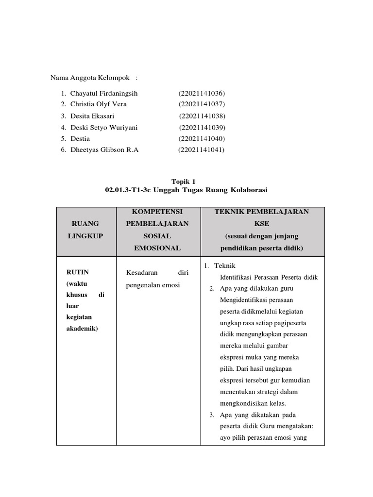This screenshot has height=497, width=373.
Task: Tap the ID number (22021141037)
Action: click(202, 104)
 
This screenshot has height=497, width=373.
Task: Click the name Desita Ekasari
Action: click(92, 116)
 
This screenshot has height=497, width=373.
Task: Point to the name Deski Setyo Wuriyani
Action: click(104, 128)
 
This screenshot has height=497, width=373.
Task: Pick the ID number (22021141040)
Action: click(202, 138)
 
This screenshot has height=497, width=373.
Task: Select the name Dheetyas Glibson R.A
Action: click(104, 150)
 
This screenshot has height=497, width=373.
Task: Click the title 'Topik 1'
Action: click(186, 181)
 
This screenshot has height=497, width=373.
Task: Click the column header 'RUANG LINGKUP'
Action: click(85, 230)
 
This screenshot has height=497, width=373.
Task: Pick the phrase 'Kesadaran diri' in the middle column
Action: click(157, 273)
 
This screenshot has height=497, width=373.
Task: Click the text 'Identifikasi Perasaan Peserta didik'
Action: click(269, 278)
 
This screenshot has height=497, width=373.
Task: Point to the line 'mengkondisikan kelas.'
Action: click(253, 403)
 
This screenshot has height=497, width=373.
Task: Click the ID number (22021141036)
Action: click(202, 93)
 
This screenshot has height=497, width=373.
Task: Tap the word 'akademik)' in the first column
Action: click(82, 328)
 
